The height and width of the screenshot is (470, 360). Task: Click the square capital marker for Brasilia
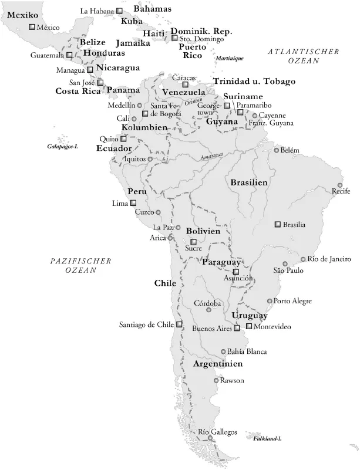click(278, 224)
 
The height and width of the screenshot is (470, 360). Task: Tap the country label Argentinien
click(218, 364)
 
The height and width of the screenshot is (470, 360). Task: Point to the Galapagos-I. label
click(63, 146)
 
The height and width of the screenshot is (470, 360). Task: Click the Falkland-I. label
click(267, 439)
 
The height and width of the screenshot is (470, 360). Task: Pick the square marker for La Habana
click(120, 11)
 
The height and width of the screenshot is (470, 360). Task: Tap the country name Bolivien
click(203, 231)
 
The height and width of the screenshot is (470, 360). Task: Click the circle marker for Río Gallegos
click(211, 438)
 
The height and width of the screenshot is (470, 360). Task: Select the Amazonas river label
click(212, 155)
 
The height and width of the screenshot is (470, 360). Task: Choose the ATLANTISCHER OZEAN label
click(304, 56)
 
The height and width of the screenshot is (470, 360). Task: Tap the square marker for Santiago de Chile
click(179, 324)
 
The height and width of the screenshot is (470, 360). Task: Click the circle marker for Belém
click(277, 150)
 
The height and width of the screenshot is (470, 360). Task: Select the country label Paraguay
click(221, 262)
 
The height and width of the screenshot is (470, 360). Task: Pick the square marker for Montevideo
click(249, 326)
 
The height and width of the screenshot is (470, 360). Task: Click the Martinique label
click(229, 58)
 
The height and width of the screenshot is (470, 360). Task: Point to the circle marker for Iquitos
click(150, 159)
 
